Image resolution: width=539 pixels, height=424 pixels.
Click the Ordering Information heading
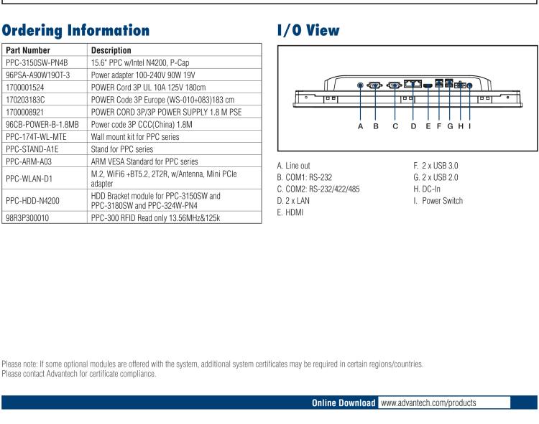[x=76, y=31]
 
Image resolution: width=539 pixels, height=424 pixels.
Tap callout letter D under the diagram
[x=413, y=126]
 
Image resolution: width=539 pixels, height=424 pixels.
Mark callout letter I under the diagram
[x=469, y=126]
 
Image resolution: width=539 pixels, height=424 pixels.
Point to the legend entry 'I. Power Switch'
[x=438, y=200]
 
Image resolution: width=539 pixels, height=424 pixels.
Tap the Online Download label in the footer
[x=344, y=403]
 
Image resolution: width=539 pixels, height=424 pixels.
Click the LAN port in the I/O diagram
[x=413, y=85]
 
